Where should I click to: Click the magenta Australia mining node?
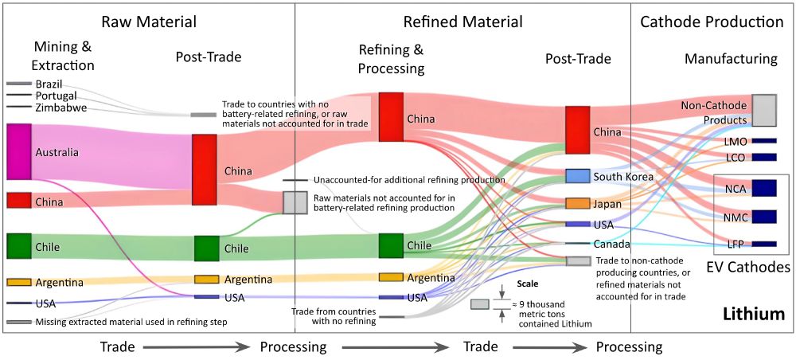pyautogui.click(x=18, y=151)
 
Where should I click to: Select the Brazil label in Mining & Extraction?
pyautogui.click(x=49, y=84)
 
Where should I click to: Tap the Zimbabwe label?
pyautogui.click(x=60, y=108)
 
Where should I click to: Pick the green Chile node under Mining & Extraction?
pyautogui.click(x=18, y=246)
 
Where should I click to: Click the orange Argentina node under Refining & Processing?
pyautogui.click(x=391, y=277)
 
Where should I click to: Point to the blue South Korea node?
pyautogui.click(x=577, y=176)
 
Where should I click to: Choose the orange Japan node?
pyautogui.click(x=577, y=203)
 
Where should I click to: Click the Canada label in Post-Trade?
pyautogui.click(x=611, y=244)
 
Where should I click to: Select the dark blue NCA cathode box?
pyautogui.click(x=763, y=189)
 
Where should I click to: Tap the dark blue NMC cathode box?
pyautogui.click(x=763, y=216)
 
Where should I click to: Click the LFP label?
pyautogui.click(x=735, y=244)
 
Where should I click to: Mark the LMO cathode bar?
pyautogui.click(x=763, y=141)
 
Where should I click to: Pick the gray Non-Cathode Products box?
pyautogui.click(x=764, y=110)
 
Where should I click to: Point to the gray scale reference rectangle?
pyautogui.click(x=481, y=304)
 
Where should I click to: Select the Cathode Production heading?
pyautogui.click(x=712, y=22)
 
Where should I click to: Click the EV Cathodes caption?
pyautogui.click(x=747, y=267)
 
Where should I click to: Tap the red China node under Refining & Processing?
pyautogui.click(x=391, y=117)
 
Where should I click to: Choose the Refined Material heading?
pyautogui.click(x=463, y=22)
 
